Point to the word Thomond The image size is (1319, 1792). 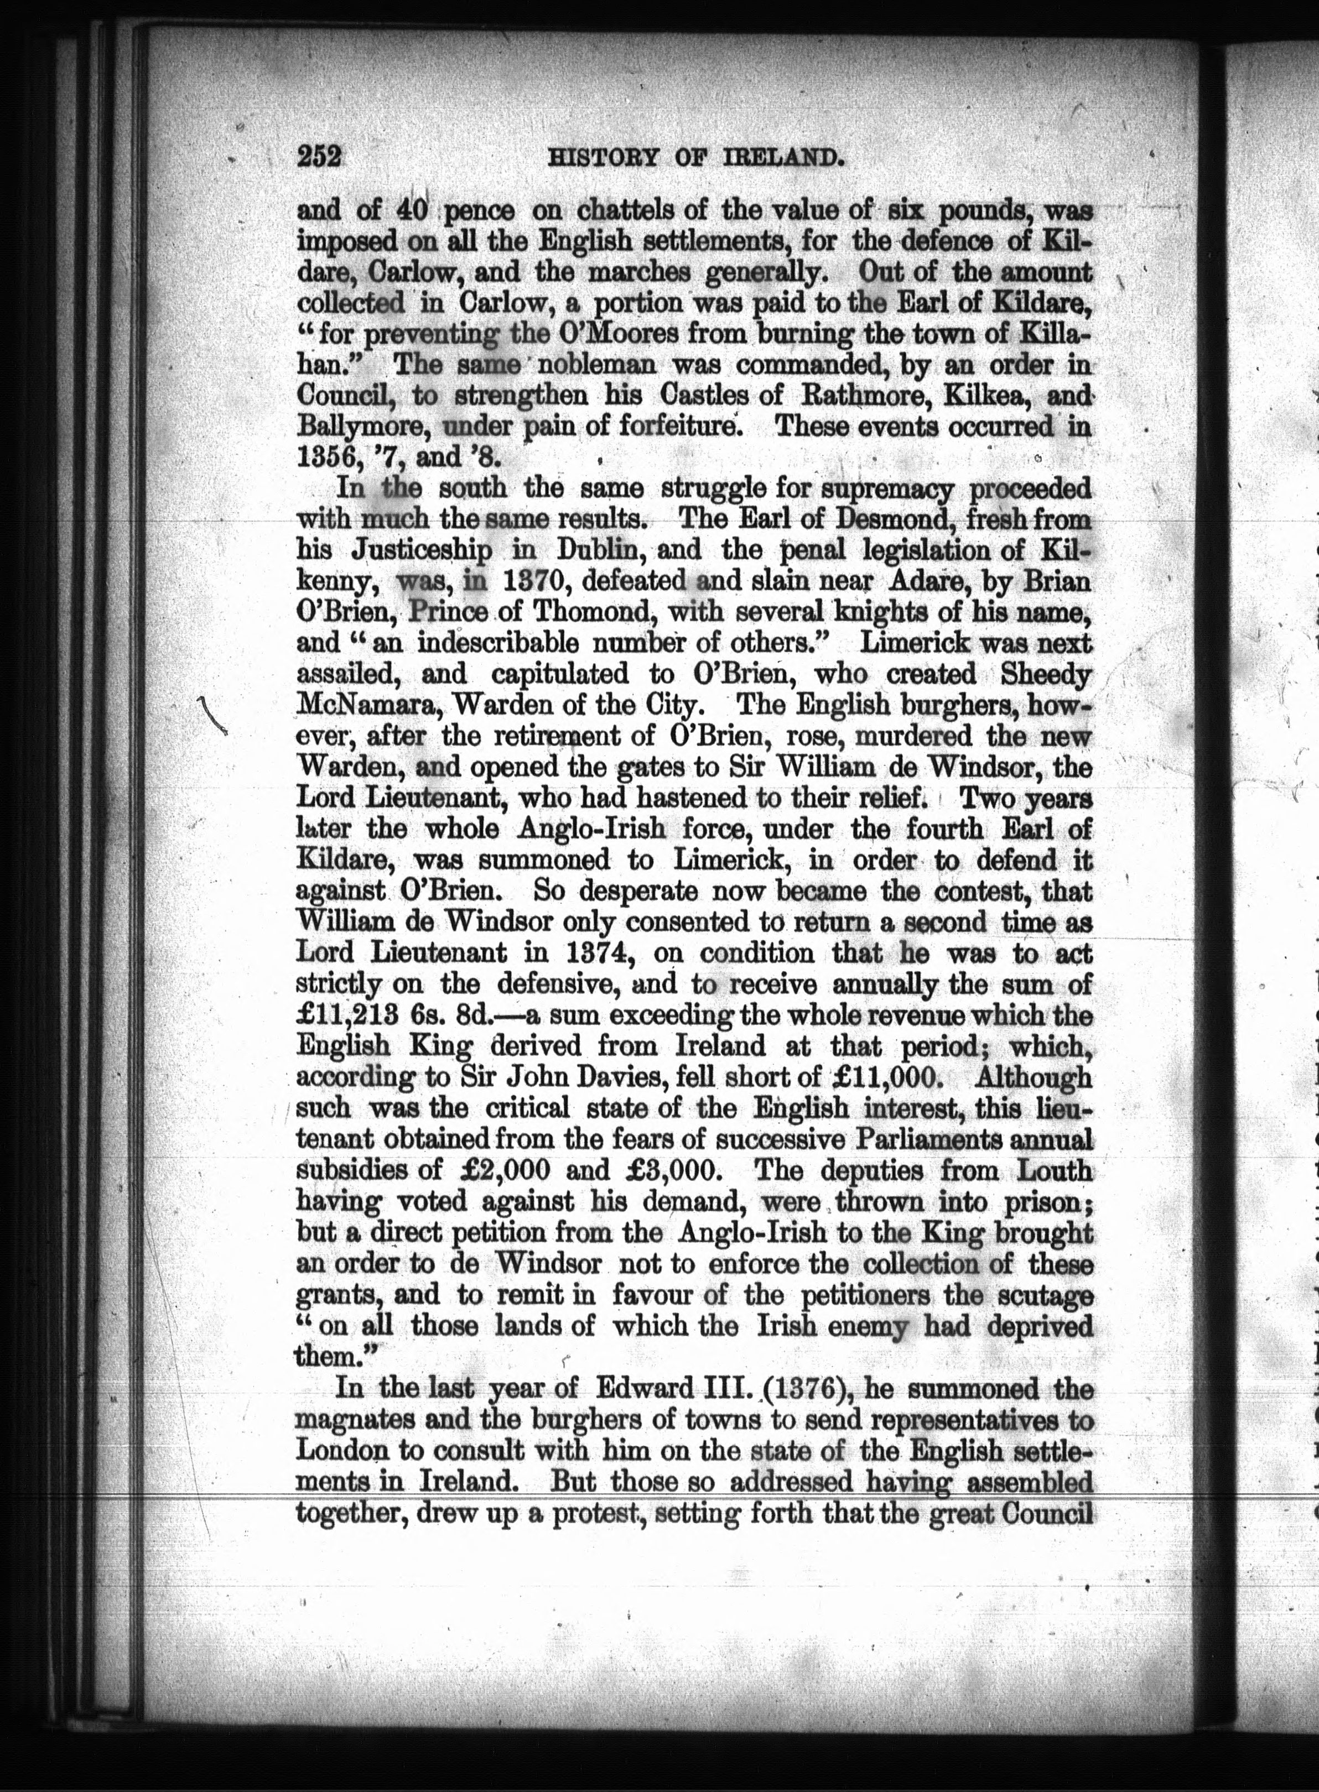[588, 613]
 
